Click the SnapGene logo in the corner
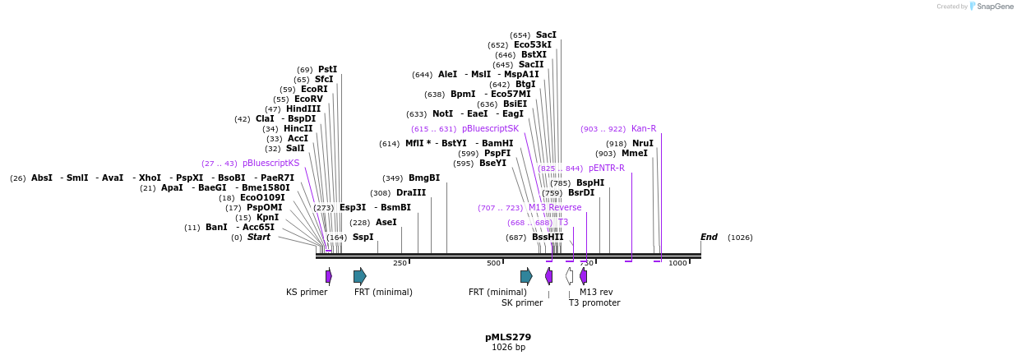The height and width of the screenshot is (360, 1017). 991,7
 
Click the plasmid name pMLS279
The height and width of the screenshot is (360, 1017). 508,337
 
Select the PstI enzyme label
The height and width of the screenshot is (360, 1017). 327,70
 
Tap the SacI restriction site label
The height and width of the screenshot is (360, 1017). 546,35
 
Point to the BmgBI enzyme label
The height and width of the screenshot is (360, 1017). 424,178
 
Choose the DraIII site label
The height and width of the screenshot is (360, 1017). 411,193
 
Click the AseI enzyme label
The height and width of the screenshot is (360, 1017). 386,223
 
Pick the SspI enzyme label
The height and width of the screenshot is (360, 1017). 363,238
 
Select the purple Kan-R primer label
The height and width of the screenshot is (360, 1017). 644,129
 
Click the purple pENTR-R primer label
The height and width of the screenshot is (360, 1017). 606,168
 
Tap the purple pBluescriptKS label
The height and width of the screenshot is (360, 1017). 270,164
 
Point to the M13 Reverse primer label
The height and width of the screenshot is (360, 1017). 555,208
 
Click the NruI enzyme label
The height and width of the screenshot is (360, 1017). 643,144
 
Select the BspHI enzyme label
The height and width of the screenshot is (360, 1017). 590,183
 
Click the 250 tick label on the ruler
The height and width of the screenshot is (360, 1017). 400,263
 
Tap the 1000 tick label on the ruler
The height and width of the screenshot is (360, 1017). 677,263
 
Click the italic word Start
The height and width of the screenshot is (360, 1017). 258,238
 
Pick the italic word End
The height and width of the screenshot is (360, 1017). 709,238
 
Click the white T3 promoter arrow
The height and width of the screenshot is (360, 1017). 569,276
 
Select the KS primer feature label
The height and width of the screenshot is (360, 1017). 307,292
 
